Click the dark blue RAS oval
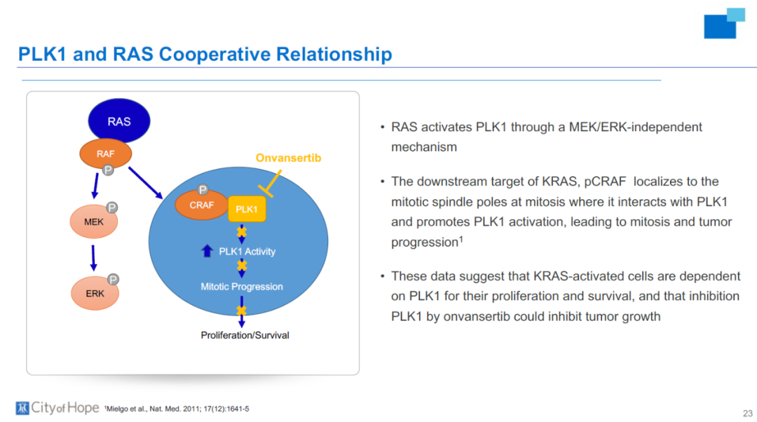[x=118, y=121]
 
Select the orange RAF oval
[x=105, y=154]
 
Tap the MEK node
[x=94, y=222]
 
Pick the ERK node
[x=95, y=293]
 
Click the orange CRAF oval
[x=201, y=205]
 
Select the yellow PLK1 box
[x=247, y=209]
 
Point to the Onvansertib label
[x=288, y=158]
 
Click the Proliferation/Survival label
[x=245, y=335]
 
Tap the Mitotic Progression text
[x=241, y=286]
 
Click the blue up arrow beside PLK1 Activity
[x=207, y=250]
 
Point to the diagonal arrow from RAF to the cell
[x=145, y=183]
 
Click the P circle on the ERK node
[x=113, y=280]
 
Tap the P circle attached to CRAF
[x=203, y=190]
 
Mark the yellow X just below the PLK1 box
[x=241, y=232]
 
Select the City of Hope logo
[x=57, y=408]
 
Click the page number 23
[x=747, y=414]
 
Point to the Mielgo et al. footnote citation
[x=177, y=409]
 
